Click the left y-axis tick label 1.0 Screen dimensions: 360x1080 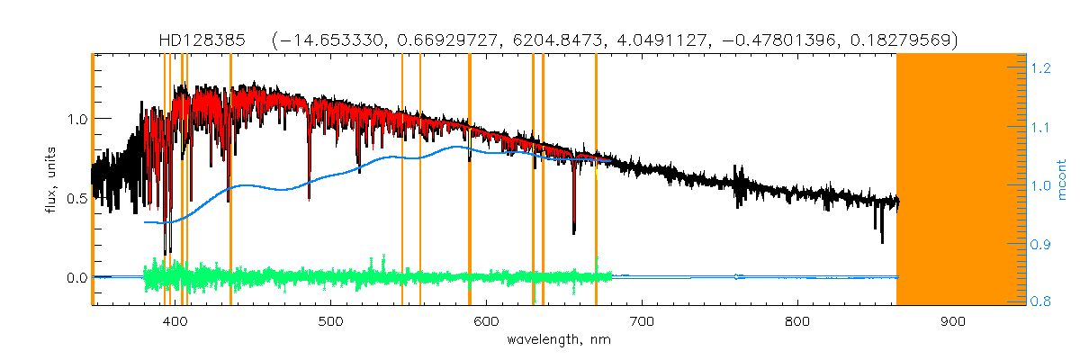pyautogui.click(x=76, y=119)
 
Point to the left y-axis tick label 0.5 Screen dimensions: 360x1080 pyautogui.click(x=76, y=199)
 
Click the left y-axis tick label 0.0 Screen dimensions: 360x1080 pyautogui.click(x=76, y=278)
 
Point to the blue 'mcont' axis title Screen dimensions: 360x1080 pyautogui.click(x=1063, y=180)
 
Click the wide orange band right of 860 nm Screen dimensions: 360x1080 pyautogui.click(x=961, y=180)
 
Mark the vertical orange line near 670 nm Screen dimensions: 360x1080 pyautogui.click(x=596, y=180)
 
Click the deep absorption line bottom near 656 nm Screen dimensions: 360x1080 pyautogui.click(x=574, y=231)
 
